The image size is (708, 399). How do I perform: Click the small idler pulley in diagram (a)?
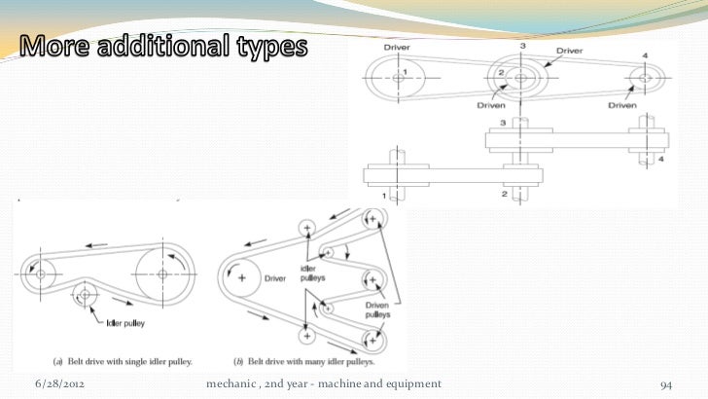point(85,292)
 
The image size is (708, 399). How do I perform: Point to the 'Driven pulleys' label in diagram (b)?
point(377,308)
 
